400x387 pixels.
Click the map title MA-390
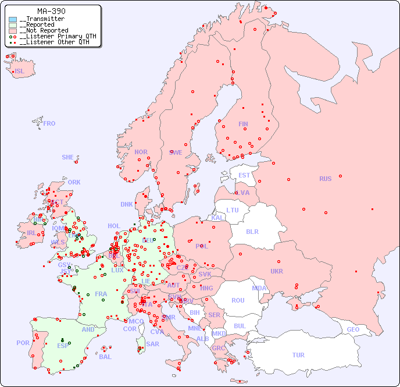coord(51,11)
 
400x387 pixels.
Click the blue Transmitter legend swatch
coord(13,19)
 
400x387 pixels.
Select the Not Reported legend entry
coord(44,30)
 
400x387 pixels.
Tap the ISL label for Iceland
coord(20,72)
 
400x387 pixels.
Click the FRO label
coord(49,123)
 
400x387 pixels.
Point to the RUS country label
coord(325,179)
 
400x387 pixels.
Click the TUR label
coord(298,355)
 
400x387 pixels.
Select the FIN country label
coord(243,124)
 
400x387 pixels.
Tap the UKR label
coord(277,271)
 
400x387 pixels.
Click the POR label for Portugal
coord(23,343)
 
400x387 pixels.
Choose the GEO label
coord(353,329)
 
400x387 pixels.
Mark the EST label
coord(244,175)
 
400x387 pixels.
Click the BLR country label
coord(252,231)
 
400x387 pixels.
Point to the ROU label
coord(238,300)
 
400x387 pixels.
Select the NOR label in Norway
coord(141,152)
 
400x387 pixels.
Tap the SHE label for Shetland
coord(68,157)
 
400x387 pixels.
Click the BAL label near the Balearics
coord(105,357)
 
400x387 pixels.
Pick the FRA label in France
coord(101,294)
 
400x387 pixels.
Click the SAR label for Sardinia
coord(152,344)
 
